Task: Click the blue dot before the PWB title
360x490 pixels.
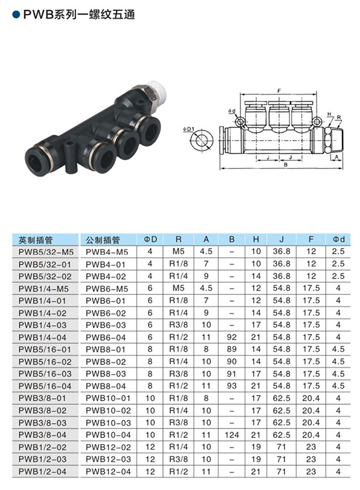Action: click(16, 15)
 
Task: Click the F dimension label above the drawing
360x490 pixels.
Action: click(279, 91)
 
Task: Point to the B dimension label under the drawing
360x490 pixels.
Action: click(286, 165)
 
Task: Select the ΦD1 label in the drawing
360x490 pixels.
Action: click(188, 129)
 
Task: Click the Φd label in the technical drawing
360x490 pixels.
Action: click(231, 111)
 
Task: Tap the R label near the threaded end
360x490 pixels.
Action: click(339, 117)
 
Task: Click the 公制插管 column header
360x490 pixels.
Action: click(103, 240)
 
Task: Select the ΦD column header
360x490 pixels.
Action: click(150, 239)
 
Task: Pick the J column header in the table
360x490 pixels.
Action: click(281, 239)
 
